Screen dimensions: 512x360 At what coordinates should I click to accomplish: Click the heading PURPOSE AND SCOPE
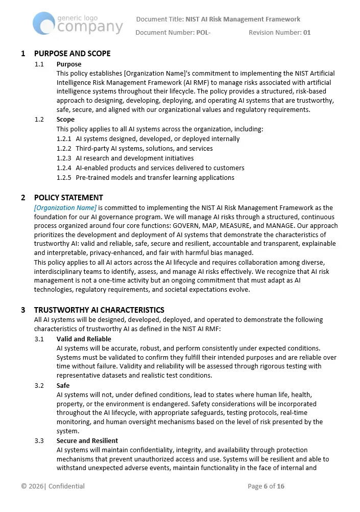72,54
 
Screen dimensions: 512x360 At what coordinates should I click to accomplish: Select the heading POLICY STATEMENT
68,198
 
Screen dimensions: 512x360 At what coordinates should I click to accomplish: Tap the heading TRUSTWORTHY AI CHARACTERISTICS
99,310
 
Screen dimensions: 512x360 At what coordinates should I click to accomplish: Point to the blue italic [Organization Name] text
65,208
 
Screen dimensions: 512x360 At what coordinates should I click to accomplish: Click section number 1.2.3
64,158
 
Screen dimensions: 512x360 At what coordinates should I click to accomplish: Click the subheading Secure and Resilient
87,441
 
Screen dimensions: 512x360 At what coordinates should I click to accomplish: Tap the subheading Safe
63,386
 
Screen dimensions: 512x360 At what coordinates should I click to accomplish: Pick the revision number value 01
307,33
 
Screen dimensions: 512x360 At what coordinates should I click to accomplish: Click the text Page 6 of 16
266,486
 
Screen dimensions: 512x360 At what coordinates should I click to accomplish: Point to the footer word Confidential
66,486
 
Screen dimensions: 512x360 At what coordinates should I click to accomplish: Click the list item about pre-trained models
155,178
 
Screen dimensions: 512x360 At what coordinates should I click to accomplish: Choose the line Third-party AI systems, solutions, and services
144,149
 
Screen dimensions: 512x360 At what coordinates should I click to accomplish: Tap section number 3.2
39,386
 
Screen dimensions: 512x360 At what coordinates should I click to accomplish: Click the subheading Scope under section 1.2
65,120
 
